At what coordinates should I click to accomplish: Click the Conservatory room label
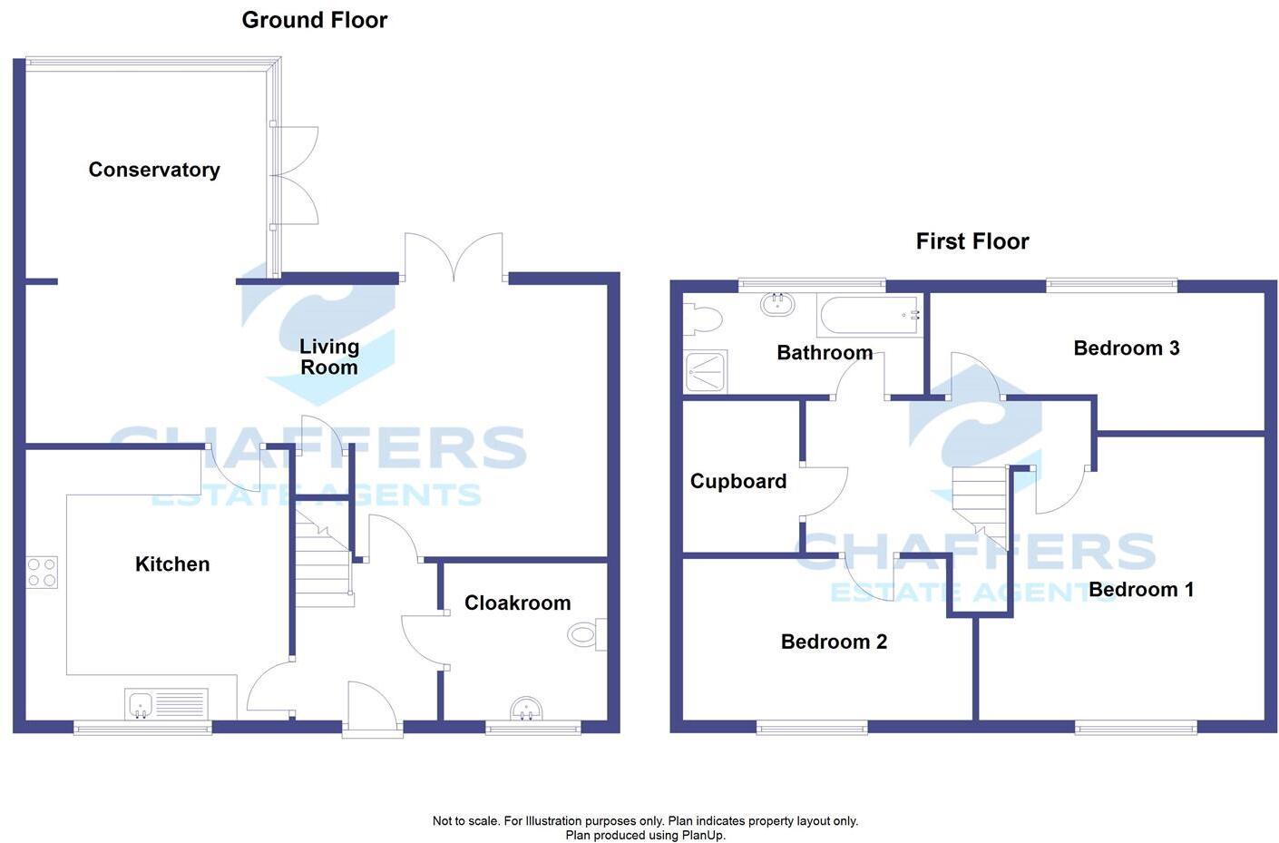pos(154,170)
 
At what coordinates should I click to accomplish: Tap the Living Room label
pos(329,357)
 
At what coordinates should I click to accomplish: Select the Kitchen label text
pos(172,564)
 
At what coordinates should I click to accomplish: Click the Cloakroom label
pos(517,603)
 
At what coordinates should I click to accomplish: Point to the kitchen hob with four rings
pos(42,572)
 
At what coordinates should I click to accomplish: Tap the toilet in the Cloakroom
pos(585,635)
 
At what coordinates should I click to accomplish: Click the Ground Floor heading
pos(314,20)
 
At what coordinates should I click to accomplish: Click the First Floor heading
pos(971,241)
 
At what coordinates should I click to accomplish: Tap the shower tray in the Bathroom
pos(705,371)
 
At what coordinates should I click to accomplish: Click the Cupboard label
pos(737,482)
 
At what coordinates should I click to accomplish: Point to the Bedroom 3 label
pos(1126,348)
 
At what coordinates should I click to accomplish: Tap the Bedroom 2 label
pos(834,642)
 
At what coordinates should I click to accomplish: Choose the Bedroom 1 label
pos(1140,590)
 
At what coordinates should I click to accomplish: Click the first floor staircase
pos(980,504)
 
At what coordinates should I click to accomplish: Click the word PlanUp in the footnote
pos(701,836)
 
